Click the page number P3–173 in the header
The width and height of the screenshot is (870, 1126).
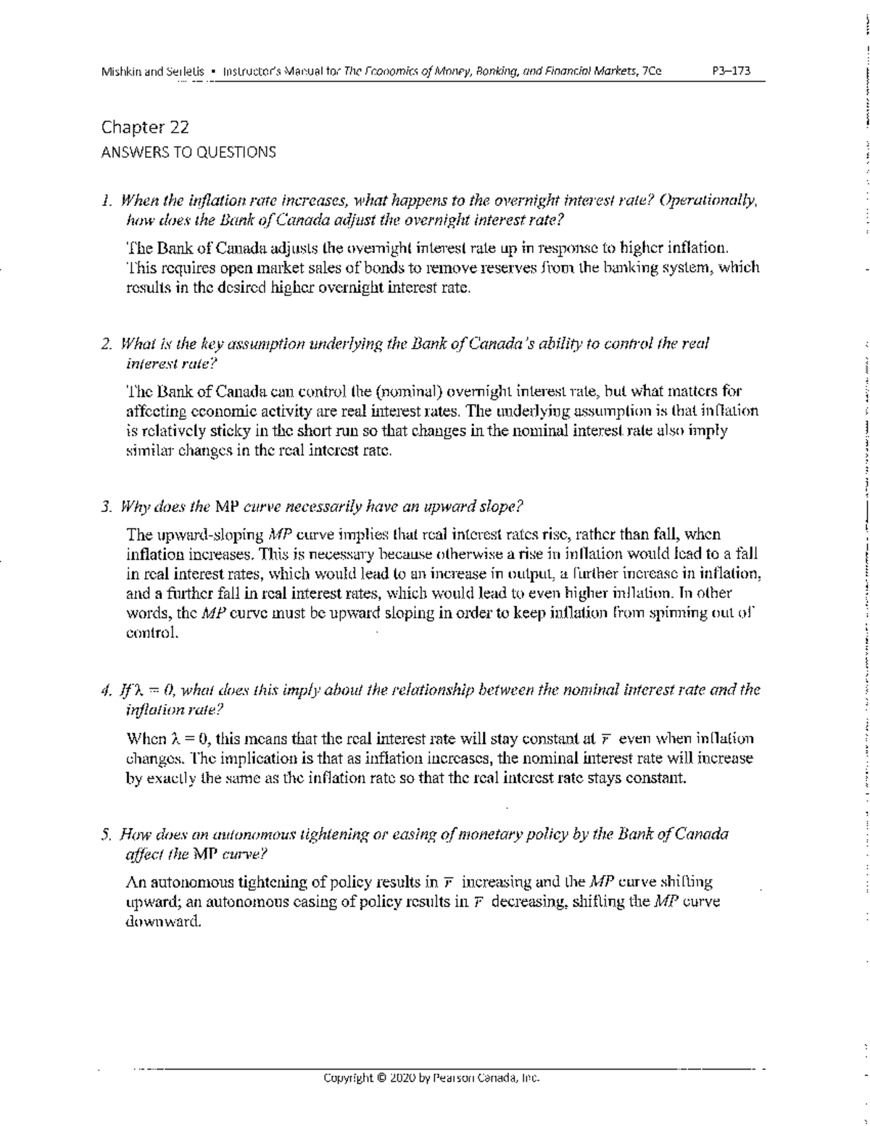point(732,71)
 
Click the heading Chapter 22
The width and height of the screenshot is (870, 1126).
point(145,128)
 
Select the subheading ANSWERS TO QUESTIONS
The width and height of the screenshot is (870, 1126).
point(188,152)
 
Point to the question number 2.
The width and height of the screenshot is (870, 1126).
point(106,344)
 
